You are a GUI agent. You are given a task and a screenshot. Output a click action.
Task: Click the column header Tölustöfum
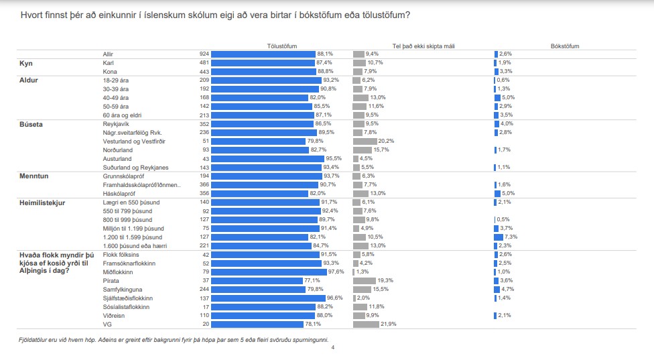[282, 46]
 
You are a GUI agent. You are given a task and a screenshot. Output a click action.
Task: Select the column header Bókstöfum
[564, 46]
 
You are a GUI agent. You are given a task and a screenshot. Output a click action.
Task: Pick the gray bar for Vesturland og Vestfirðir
[365, 141]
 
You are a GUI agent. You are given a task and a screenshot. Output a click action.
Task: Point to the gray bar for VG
[366, 324]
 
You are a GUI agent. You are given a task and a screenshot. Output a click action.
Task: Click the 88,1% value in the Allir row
[325, 54]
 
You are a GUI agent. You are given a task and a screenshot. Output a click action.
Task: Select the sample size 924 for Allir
[204, 54]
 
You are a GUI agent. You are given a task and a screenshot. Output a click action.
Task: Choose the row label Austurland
[117, 159]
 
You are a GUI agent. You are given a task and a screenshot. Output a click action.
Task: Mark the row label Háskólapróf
[119, 194]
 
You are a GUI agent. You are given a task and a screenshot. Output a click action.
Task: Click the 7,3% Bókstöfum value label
[511, 237]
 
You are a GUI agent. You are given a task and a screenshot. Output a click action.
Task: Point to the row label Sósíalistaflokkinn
[126, 307]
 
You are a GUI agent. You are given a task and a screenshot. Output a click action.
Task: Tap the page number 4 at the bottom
[332, 348]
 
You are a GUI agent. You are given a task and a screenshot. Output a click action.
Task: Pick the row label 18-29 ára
[115, 80]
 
